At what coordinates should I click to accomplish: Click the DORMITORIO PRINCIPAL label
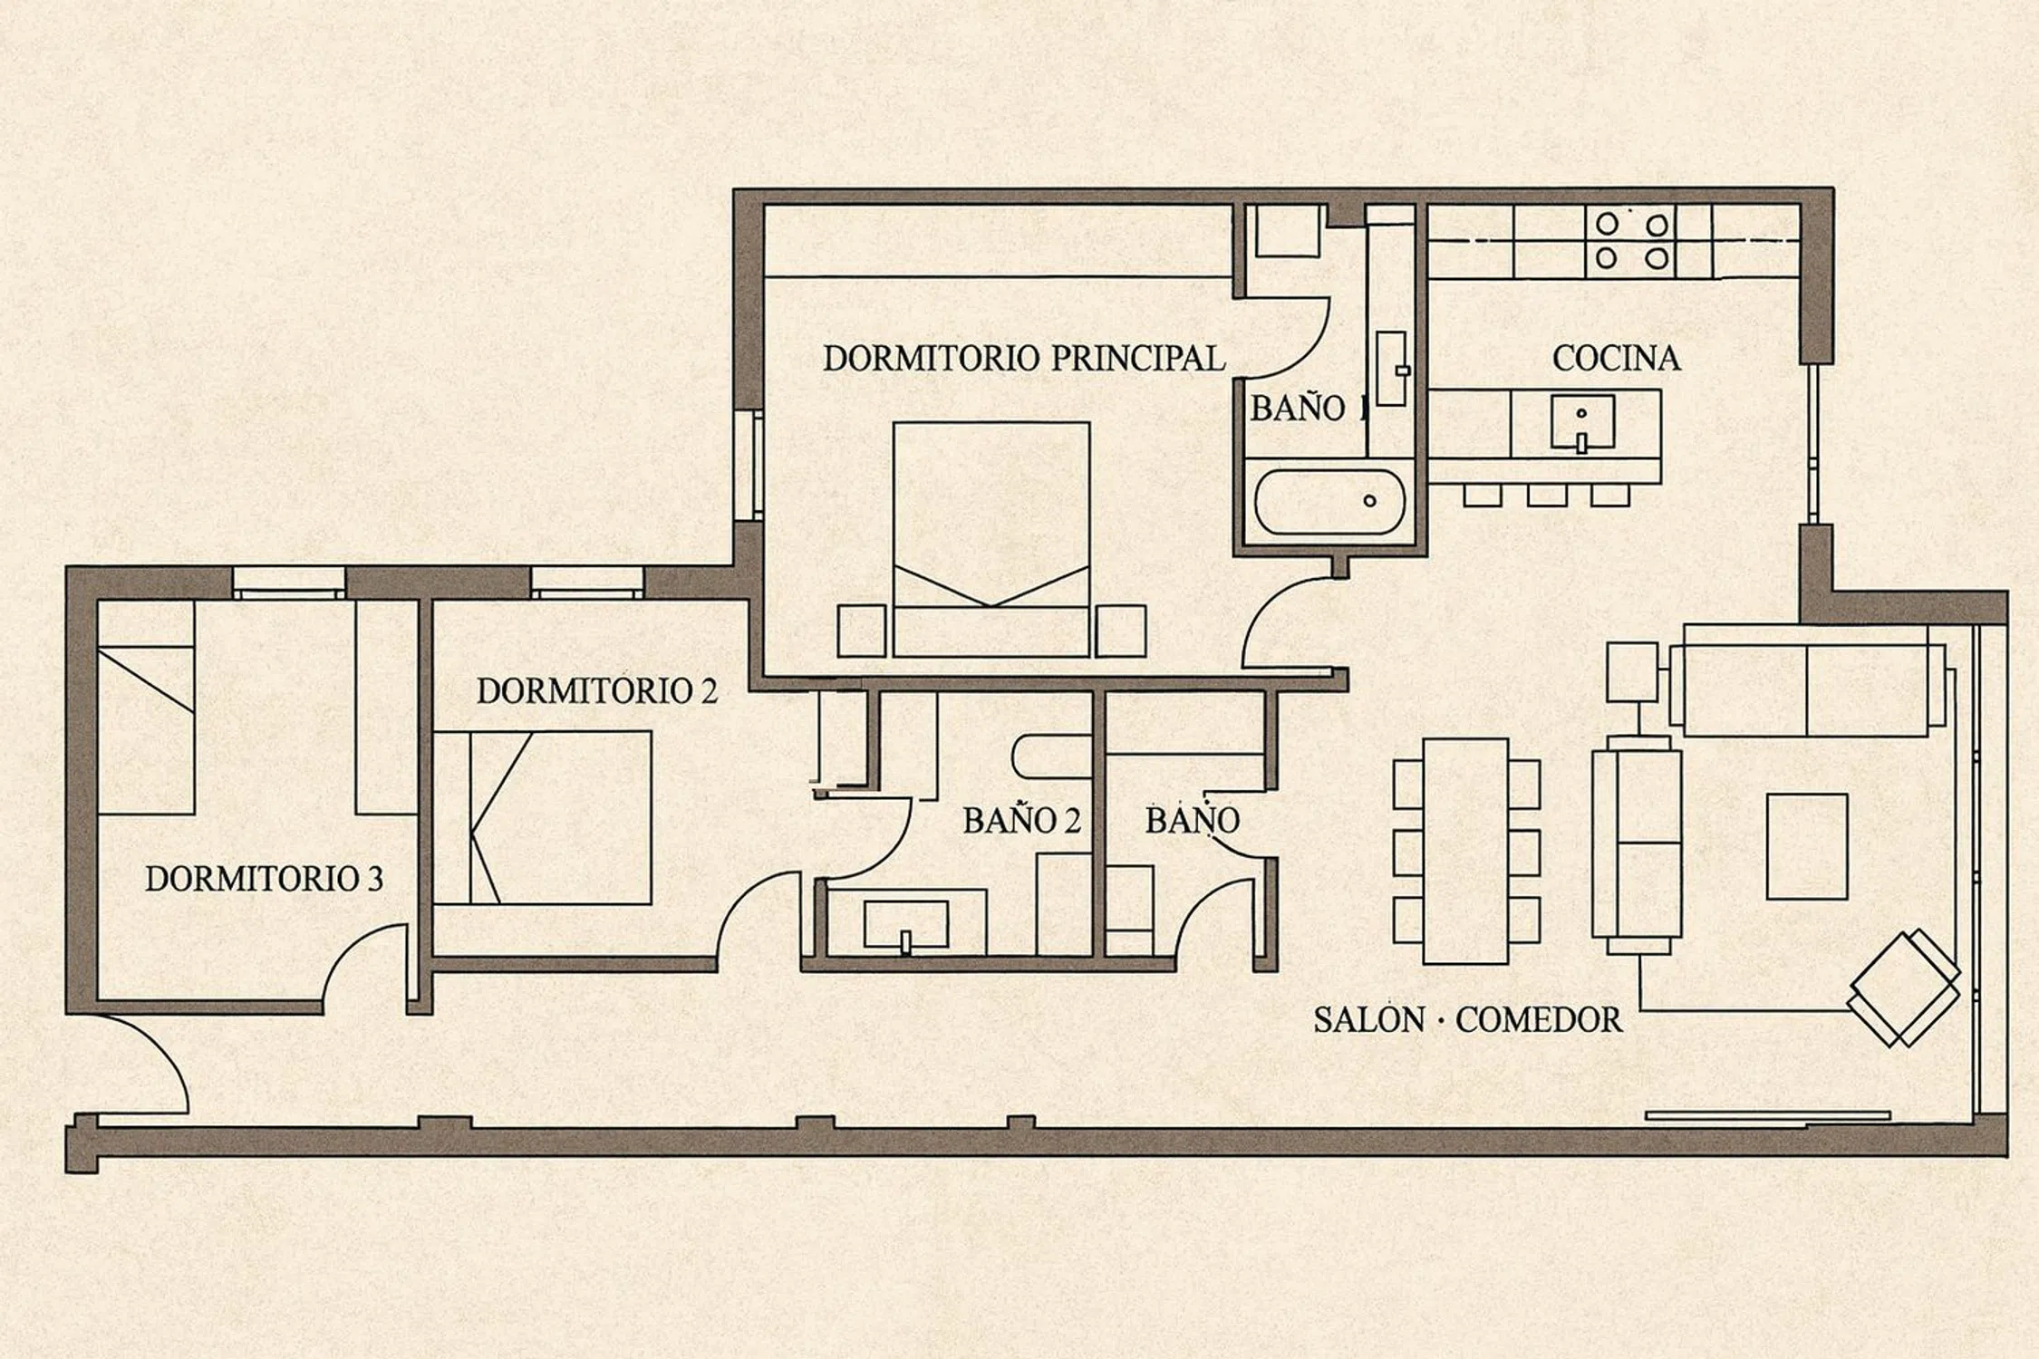(1024, 359)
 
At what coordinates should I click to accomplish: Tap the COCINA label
(1616, 359)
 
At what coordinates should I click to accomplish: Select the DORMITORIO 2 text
(596, 691)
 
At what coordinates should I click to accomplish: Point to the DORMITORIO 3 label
(264, 878)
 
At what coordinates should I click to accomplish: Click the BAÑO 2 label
(1022, 820)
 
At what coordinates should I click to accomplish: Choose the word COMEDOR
(1539, 1020)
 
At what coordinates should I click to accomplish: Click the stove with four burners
(1631, 241)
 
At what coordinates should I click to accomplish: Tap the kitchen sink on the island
(1582, 422)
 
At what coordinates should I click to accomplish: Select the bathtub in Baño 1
(1330, 501)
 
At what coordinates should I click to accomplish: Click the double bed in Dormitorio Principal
(991, 539)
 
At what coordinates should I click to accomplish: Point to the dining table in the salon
(1465, 851)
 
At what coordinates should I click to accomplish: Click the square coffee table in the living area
(1807, 846)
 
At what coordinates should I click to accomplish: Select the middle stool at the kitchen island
(1547, 495)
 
